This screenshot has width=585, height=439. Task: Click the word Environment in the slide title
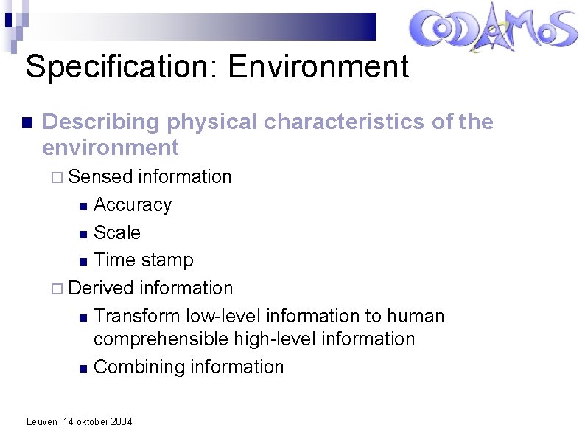318,67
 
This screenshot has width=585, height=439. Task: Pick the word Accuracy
133,204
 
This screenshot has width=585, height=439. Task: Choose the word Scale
117,232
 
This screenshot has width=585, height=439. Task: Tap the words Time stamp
144,260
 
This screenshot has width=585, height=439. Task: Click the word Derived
101,288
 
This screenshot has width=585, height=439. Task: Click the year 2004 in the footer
121,421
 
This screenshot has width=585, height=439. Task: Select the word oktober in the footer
90,421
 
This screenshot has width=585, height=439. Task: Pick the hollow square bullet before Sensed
60,177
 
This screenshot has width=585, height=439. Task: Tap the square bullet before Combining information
84,367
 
